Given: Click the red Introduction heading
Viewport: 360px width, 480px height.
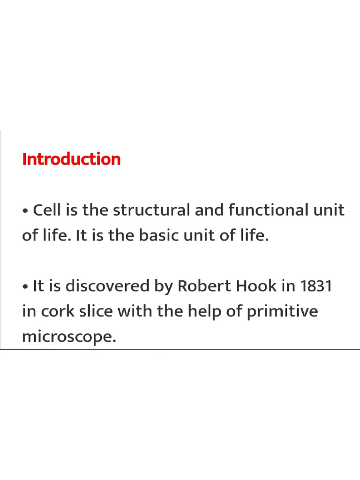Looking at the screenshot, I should [x=71, y=159].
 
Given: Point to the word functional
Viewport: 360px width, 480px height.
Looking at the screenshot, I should [x=266, y=210].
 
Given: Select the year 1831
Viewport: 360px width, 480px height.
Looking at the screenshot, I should [x=316, y=286].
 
